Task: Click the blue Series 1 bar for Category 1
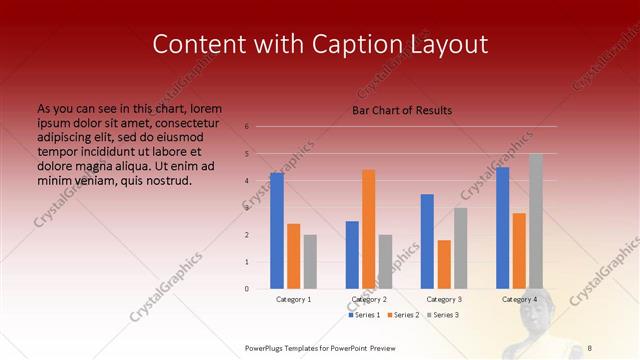(x=276, y=231)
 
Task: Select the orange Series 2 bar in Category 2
(x=369, y=229)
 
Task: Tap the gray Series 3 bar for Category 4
(x=536, y=221)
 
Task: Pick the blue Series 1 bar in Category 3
(x=427, y=241)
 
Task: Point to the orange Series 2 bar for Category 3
(x=444, y=264)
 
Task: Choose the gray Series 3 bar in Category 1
(x=310, y=262)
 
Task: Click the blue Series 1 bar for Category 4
(x=502, y=228)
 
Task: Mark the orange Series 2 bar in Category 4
(x=519, y=251)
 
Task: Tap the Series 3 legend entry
(x=444, y=315)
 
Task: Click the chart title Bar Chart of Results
(x=402, y=110)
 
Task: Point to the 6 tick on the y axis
(x=246, y=127)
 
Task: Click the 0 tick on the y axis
(x=246, y=289)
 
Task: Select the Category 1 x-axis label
(x=293, y=299)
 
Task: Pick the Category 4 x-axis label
(x=519, y=299)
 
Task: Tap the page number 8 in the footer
(x=590, y=346)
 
